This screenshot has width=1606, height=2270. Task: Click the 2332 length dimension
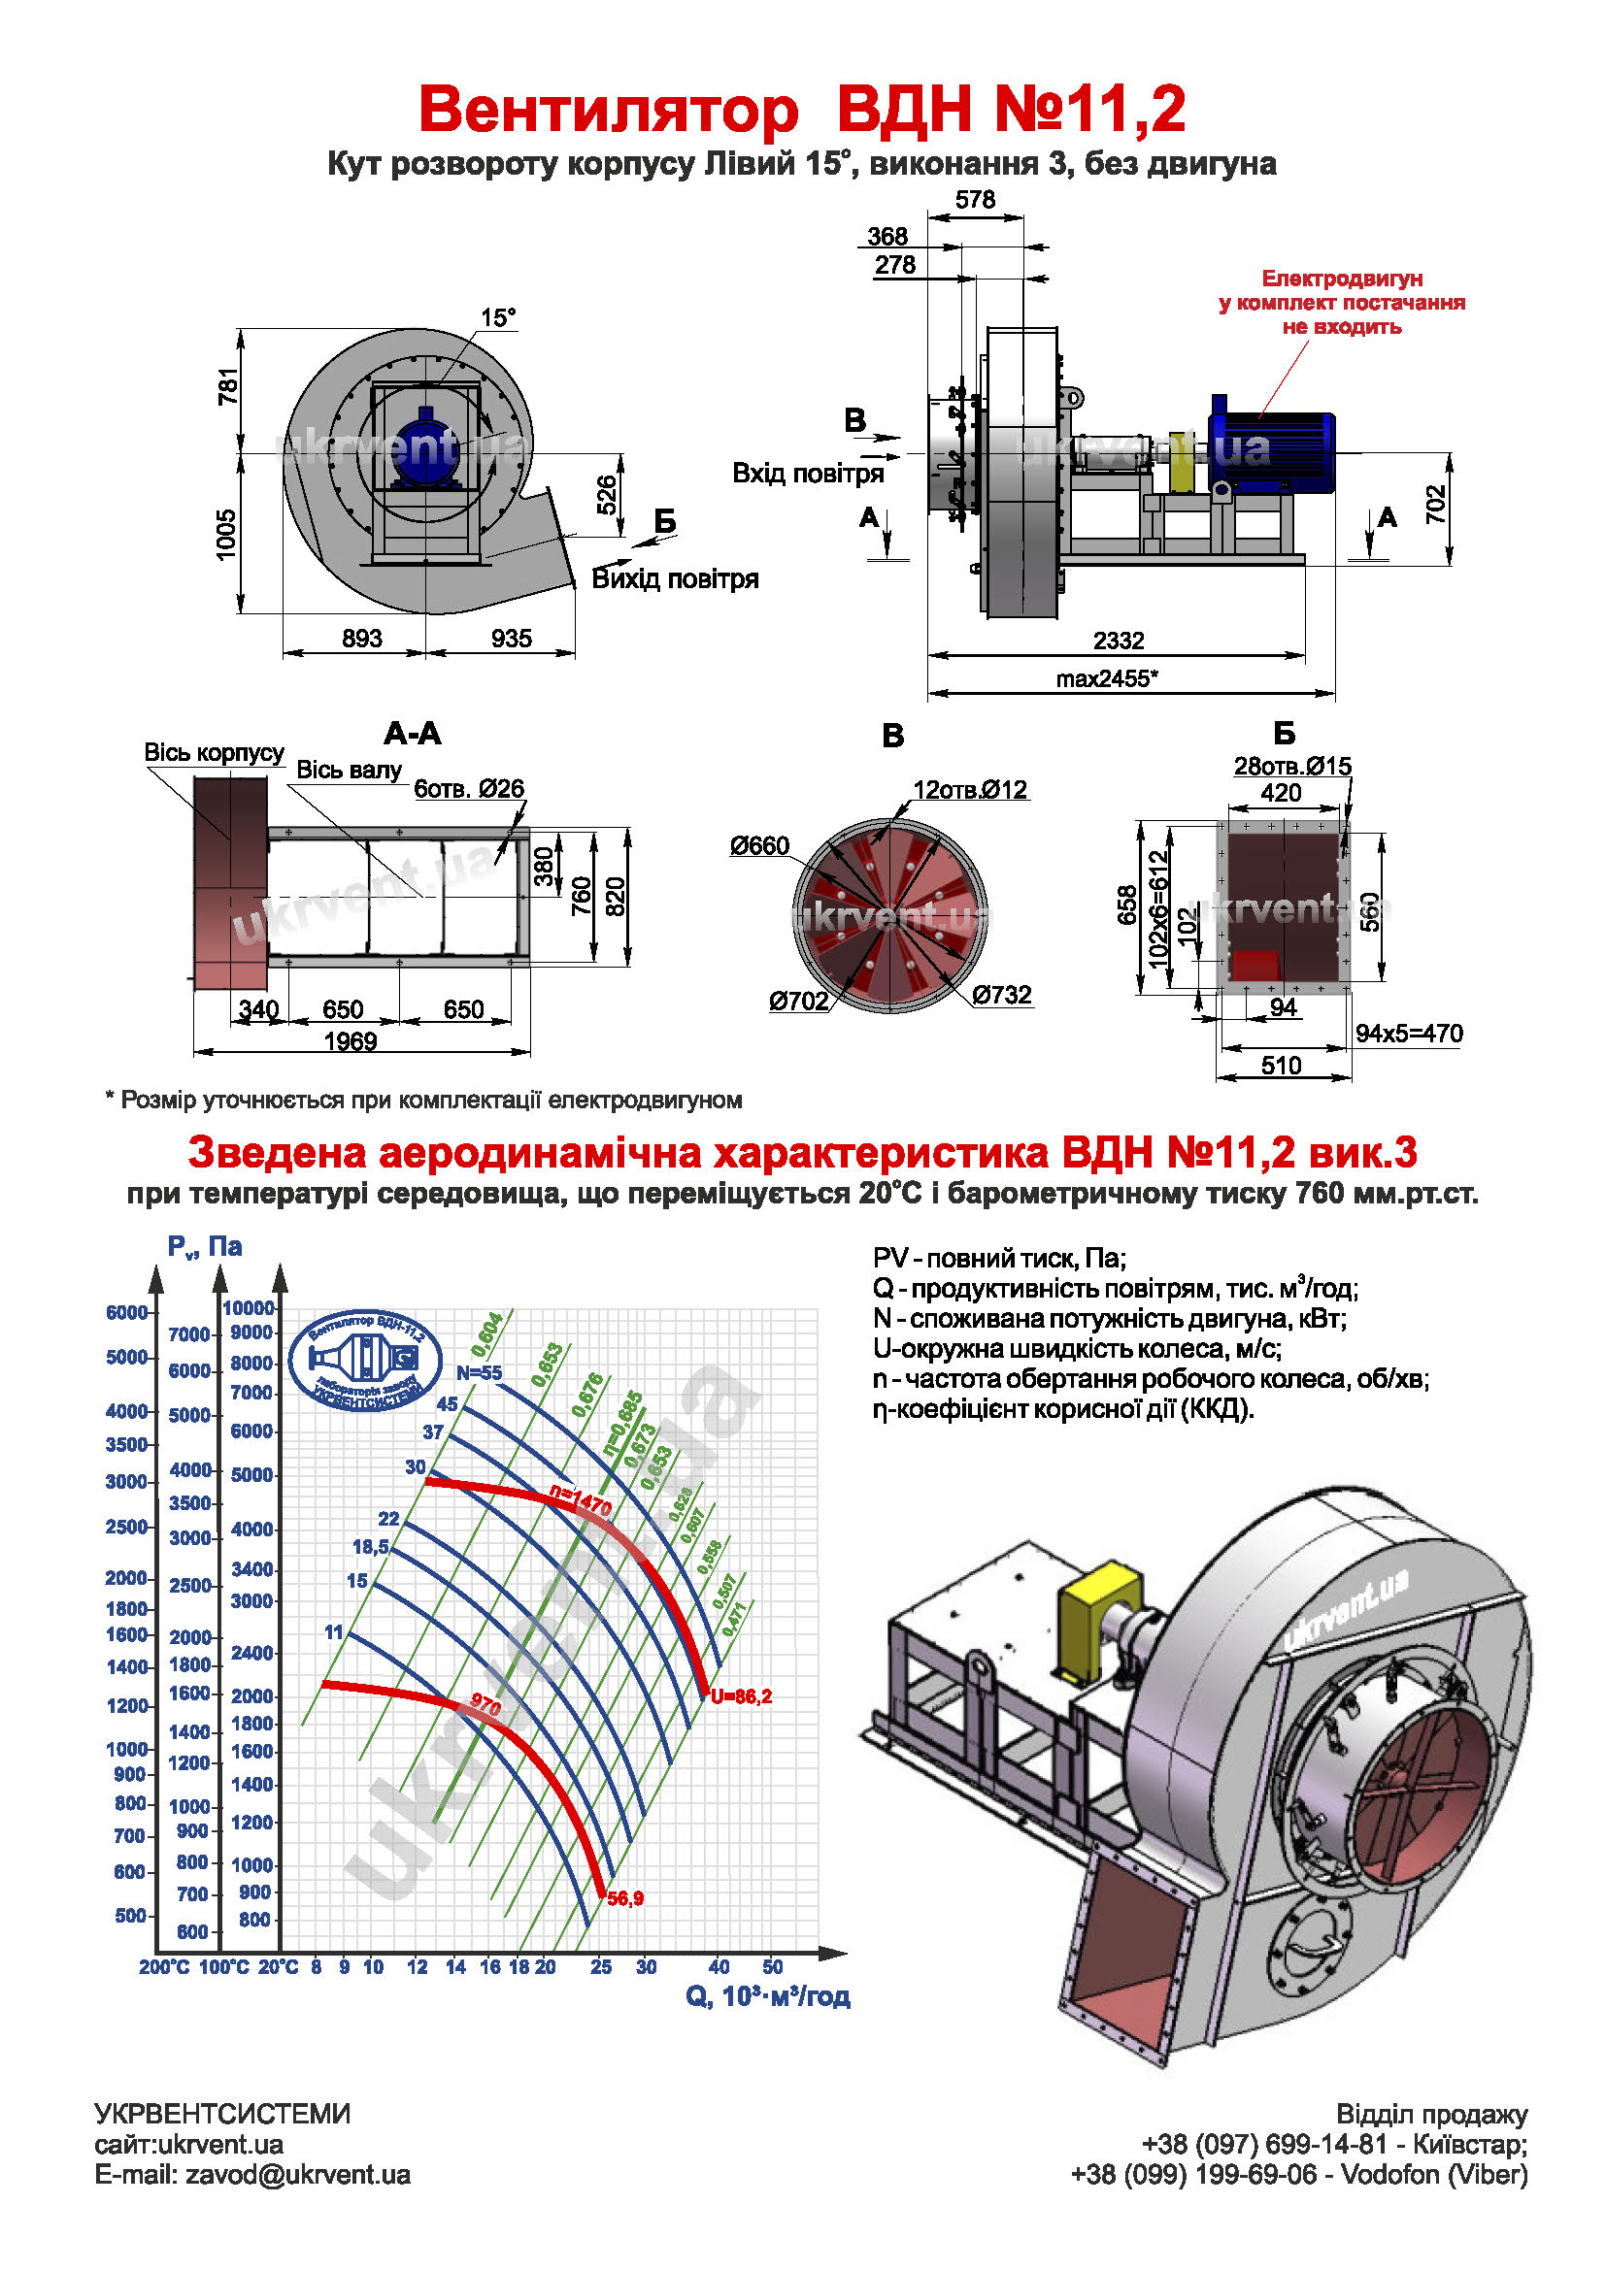[x=1119, y=641]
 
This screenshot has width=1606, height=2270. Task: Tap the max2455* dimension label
[x=1107, y=679]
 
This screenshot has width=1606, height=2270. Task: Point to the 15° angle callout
[x=498, y=318]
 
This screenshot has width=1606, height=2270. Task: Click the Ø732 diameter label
[x=1002, y=995]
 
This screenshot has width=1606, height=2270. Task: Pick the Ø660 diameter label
[x=759, y=846]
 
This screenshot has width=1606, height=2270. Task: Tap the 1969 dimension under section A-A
[x=351, y=1042]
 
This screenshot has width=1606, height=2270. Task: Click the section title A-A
[x=413, y=734]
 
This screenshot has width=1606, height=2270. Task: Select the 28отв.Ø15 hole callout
[x=1292, y=767]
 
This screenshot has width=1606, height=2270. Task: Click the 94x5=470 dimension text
[x=1409, y=1035]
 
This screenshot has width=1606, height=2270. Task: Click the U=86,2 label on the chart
[x=741, y=1696]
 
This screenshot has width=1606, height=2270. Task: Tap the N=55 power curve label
[x=479, y=1373]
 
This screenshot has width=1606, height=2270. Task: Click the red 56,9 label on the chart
[x=625, y=1899]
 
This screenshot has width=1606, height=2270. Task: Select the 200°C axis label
[x=164, y=1967]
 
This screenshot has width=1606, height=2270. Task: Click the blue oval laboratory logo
[x=365, y=1362]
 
